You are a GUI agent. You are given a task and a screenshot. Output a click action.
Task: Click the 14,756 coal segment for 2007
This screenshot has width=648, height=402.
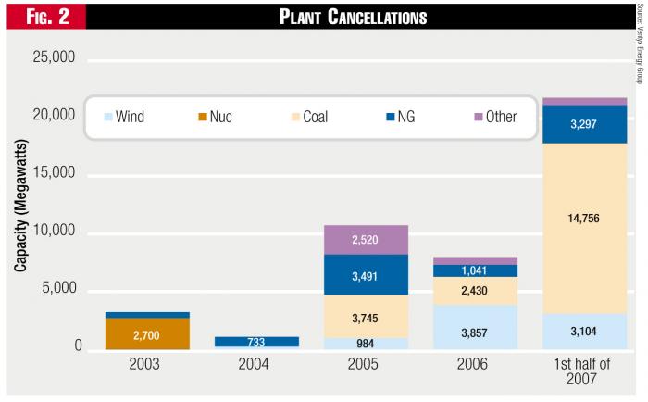pos(585,219)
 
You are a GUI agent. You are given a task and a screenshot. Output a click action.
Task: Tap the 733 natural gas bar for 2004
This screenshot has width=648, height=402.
pos(256,341)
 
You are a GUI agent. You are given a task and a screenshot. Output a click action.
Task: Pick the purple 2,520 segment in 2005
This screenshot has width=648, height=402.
pos(366,240)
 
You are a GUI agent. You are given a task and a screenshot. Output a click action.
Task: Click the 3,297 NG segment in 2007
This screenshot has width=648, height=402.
pos(585,124)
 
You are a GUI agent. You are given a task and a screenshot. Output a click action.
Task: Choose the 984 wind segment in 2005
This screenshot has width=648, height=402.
pos(366,343)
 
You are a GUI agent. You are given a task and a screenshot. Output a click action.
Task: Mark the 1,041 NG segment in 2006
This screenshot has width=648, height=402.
pos(476,270)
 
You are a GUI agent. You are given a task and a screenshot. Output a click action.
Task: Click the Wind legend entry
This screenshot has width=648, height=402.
pos(124,118)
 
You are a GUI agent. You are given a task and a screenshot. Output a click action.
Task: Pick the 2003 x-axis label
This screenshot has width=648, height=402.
pos(147,365)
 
